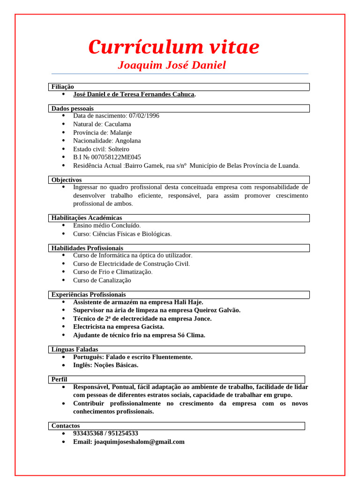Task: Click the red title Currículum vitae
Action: tap(173, 47)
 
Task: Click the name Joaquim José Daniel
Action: tap(172, 65)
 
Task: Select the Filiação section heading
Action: tap(63, 87)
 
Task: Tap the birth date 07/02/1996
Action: tap(144, 116)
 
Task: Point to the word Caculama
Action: tap(118, 124)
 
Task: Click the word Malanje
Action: tap(121, 133)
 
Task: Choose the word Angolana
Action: tap(128, 141)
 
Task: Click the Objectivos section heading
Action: tap(67, 180)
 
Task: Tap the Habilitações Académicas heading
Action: tap(87, 218)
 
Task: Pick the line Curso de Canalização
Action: tap(102, 280)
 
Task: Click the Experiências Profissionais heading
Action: tap(89, 295)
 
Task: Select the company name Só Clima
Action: tap(191, 335)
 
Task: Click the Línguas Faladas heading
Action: tap(75, 350)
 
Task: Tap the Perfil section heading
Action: tap(60, 379)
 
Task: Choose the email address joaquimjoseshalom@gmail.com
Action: tap(139, 442)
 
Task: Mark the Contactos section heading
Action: tap(66, 426)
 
